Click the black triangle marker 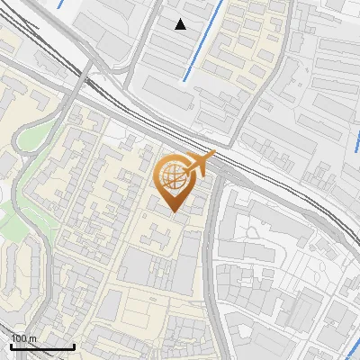(x=181, y=24)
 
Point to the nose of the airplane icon (x=214, y=154)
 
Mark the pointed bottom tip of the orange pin (x=175, y=212)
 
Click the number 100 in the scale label (x=19, y=338)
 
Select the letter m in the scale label (x=32, y=338)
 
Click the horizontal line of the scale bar (x=42, y=346)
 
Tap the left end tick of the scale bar (x=11, y=345)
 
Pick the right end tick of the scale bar (x=74, y=345)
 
